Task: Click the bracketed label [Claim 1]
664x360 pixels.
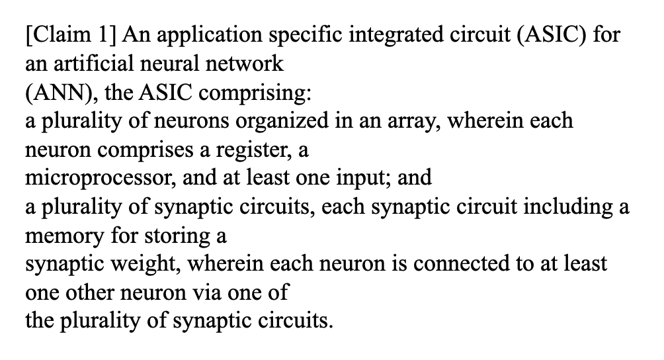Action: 70,34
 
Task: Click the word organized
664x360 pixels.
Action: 282,121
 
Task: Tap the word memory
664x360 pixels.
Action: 64,236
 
